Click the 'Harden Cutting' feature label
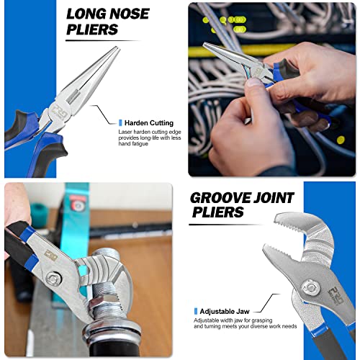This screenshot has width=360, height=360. (149, 123)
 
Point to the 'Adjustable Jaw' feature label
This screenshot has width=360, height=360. (225, 312)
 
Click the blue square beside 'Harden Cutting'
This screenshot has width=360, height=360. (120, 123)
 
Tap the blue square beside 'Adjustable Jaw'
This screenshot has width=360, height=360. (196, 311)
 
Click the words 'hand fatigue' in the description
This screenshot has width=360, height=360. (133, 144)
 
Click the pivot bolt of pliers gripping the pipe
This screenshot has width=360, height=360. (53, 279)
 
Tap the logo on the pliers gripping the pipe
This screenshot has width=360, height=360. (50, 256)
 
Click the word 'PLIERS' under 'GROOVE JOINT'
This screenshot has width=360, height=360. (217, 212)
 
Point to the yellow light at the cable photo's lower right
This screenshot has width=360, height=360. (341, 140)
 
